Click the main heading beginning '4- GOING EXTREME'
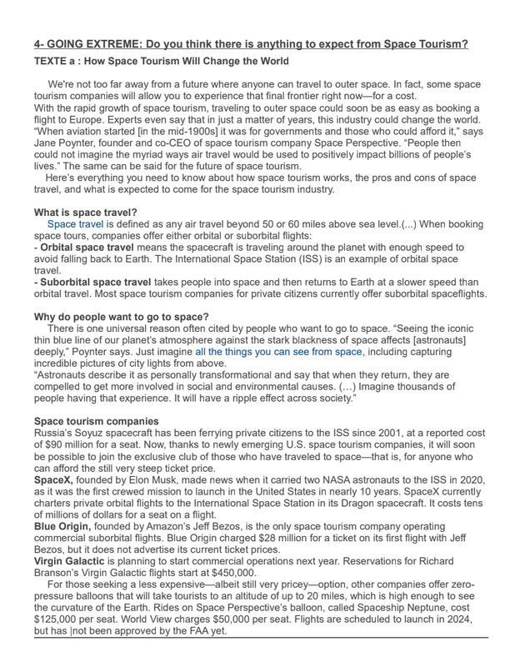tap(251, 43)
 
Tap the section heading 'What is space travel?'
tap(86, 212)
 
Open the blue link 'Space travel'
tap(76, 224)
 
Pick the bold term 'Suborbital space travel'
tap(94, 282)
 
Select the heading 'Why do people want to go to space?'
tap(122, 316)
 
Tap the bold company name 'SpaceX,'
tap(53, 480)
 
